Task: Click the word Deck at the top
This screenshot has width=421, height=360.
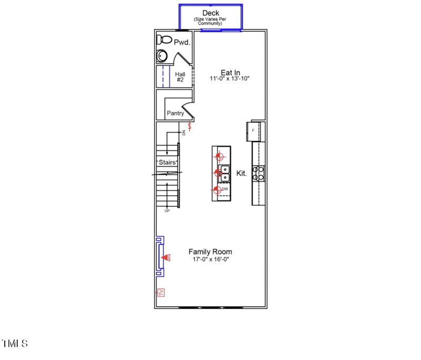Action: pos(210,13)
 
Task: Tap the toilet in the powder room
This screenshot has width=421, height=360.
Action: pos(164,39)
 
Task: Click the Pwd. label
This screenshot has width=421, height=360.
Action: pos(182,42)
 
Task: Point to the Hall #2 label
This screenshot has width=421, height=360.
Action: pos(180,77)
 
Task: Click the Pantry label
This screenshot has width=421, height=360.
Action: pos(175,113)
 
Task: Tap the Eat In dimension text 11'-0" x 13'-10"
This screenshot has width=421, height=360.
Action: pos(229,79)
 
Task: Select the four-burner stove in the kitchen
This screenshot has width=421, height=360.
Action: pos(258,173)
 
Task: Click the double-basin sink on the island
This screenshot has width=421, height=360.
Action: pos(224,173)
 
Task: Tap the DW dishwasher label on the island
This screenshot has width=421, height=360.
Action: pos(225,189)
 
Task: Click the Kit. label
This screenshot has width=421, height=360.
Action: pos(242,173)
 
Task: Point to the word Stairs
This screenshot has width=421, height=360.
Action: pos(167,163)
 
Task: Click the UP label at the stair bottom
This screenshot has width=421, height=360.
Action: pos(167,211)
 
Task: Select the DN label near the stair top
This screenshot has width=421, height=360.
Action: pos(184,133)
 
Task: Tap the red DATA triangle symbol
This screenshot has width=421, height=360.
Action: pos(166,257)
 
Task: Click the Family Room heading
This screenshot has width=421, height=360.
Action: pos(210,252)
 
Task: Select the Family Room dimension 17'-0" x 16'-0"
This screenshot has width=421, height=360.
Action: pos(210,259)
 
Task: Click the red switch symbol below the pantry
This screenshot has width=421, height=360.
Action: pos(190,126)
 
